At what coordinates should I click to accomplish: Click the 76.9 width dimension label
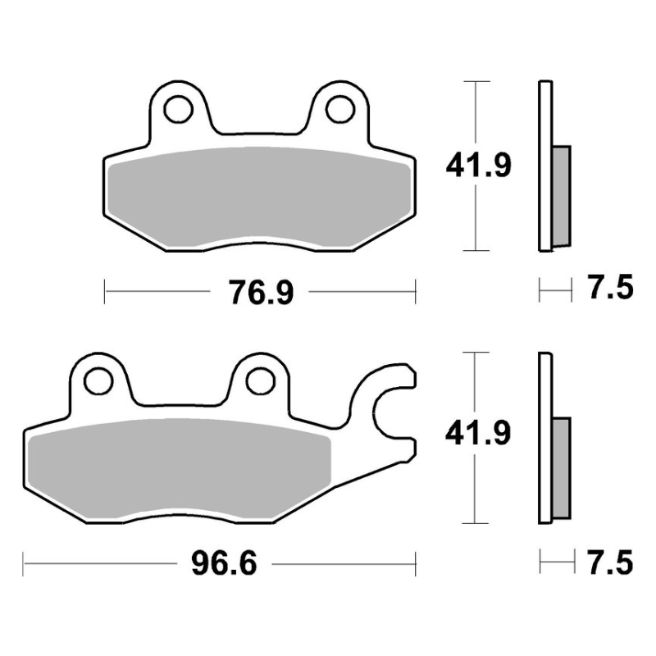point(261,292)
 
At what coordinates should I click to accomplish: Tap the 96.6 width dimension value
point(224,564)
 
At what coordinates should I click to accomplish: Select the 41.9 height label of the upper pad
point(478,166)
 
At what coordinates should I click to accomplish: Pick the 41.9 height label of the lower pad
point(478,433)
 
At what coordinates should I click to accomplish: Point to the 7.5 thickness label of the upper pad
point(611,287)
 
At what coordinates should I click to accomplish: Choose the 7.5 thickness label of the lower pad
point(610,563)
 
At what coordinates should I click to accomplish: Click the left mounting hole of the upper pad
point(179,109)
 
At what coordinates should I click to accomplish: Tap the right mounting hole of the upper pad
point(340,109)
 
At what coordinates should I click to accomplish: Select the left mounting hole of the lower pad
point(98,381)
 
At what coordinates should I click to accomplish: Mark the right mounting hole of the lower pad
point(260,381)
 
